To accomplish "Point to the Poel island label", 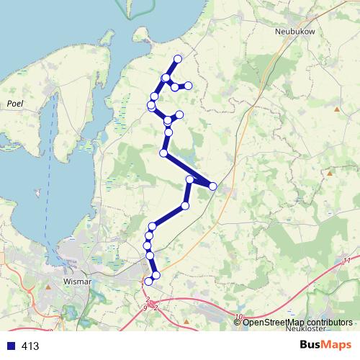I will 15,104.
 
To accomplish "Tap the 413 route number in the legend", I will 30,346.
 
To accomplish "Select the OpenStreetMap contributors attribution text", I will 297,321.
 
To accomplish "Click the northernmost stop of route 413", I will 178,58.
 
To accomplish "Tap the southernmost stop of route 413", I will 149,282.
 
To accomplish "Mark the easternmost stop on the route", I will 213,186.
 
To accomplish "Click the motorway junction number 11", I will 346,261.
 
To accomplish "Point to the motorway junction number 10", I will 238,317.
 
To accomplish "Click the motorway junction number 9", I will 145,308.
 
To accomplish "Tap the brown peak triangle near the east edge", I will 330,173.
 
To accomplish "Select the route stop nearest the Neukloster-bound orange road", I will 213,186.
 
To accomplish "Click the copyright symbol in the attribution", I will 238,321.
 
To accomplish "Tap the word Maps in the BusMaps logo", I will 333,345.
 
